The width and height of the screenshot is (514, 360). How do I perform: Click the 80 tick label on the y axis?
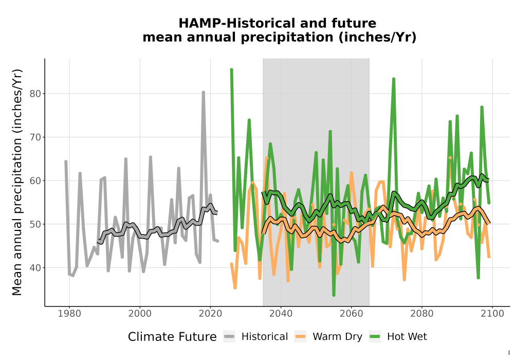point(35,94)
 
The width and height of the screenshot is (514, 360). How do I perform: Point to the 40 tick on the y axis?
point(35,268)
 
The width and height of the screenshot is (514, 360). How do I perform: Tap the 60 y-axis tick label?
point(35,181)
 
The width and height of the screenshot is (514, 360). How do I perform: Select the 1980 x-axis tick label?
point(69,314)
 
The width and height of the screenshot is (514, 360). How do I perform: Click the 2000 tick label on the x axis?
point(140,314)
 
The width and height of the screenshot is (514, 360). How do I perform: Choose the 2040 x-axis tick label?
point(281,314)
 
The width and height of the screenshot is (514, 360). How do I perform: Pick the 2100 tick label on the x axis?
point(492,314)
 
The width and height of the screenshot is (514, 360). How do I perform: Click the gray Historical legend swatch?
point(229,337)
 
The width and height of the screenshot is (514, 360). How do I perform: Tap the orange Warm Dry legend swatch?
point(300,337)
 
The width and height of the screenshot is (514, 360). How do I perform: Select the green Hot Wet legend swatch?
point(375,337)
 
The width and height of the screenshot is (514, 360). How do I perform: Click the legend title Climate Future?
point(172,337)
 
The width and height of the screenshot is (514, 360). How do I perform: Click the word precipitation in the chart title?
point(287,38)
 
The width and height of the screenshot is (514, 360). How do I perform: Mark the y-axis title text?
point(17,182)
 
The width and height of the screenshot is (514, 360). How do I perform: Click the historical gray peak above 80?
point(203,93)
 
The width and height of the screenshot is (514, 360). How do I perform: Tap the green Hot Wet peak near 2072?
point(394,79)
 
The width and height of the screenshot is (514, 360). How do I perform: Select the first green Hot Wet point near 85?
point(231,70)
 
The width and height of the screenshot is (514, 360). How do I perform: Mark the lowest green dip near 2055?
point(334,295)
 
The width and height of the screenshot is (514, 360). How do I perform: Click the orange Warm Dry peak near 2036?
point(267,158)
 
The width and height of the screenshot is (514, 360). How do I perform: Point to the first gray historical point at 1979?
point(66,161)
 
